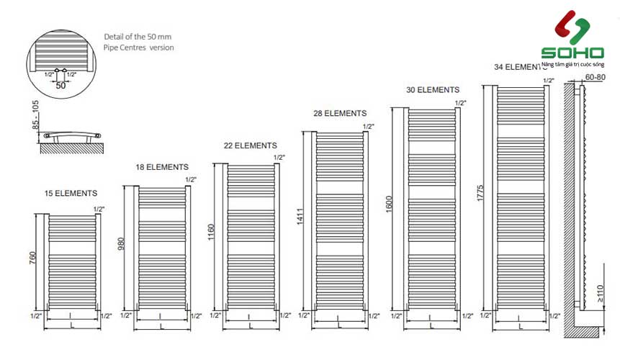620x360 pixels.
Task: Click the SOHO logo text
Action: (x=572, y=53)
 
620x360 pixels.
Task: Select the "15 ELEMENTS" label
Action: (x=71, y=193)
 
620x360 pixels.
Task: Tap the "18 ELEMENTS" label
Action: (x=162, y=167)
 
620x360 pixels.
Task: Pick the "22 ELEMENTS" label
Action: (x=251, y=145)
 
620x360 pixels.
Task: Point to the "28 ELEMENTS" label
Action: (x=340, y=113)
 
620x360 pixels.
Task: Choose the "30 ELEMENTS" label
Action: (x=432, y=90)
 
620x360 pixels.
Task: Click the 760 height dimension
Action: (x=32, y=258)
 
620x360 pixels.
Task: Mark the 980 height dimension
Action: (x=121, y=245)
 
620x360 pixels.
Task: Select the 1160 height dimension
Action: (x=211, y=234)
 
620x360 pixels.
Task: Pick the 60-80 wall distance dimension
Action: (x=596, y=76)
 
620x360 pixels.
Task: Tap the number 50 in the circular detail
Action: (x=60, y=85)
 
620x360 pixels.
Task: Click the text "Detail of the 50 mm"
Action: (x=138, y=36)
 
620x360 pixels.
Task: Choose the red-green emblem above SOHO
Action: (x=572, y=27)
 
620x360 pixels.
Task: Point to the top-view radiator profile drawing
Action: (x=72, y=135)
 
